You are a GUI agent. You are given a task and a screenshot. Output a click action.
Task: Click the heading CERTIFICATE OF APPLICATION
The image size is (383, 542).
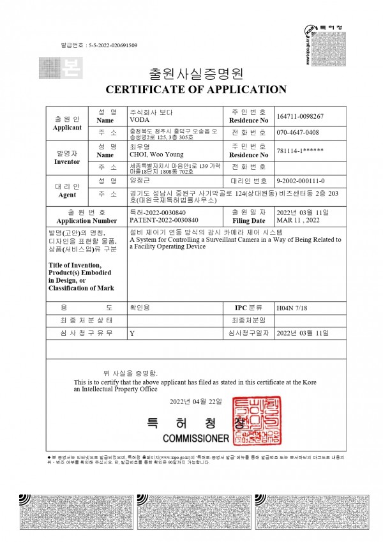pyautogui.click(x=191, y=89)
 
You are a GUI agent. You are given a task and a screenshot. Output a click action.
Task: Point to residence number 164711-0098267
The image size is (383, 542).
pyautogui.click(x=301, y=116)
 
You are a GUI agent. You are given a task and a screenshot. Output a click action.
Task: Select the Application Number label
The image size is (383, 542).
pyautogui.click(x=76, y=220)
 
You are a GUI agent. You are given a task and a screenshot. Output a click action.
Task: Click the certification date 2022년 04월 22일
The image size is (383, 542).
pyautogui.click(x=195, y=402)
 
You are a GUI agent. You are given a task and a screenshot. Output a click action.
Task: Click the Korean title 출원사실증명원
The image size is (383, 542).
pyautogui.click(x=191, y=71)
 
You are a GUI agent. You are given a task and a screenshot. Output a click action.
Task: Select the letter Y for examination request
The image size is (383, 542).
pyautogui.click(x=132, y=333)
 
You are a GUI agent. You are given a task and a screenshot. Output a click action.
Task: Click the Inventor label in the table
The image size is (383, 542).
pyautogui.click(x=67, y=162)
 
